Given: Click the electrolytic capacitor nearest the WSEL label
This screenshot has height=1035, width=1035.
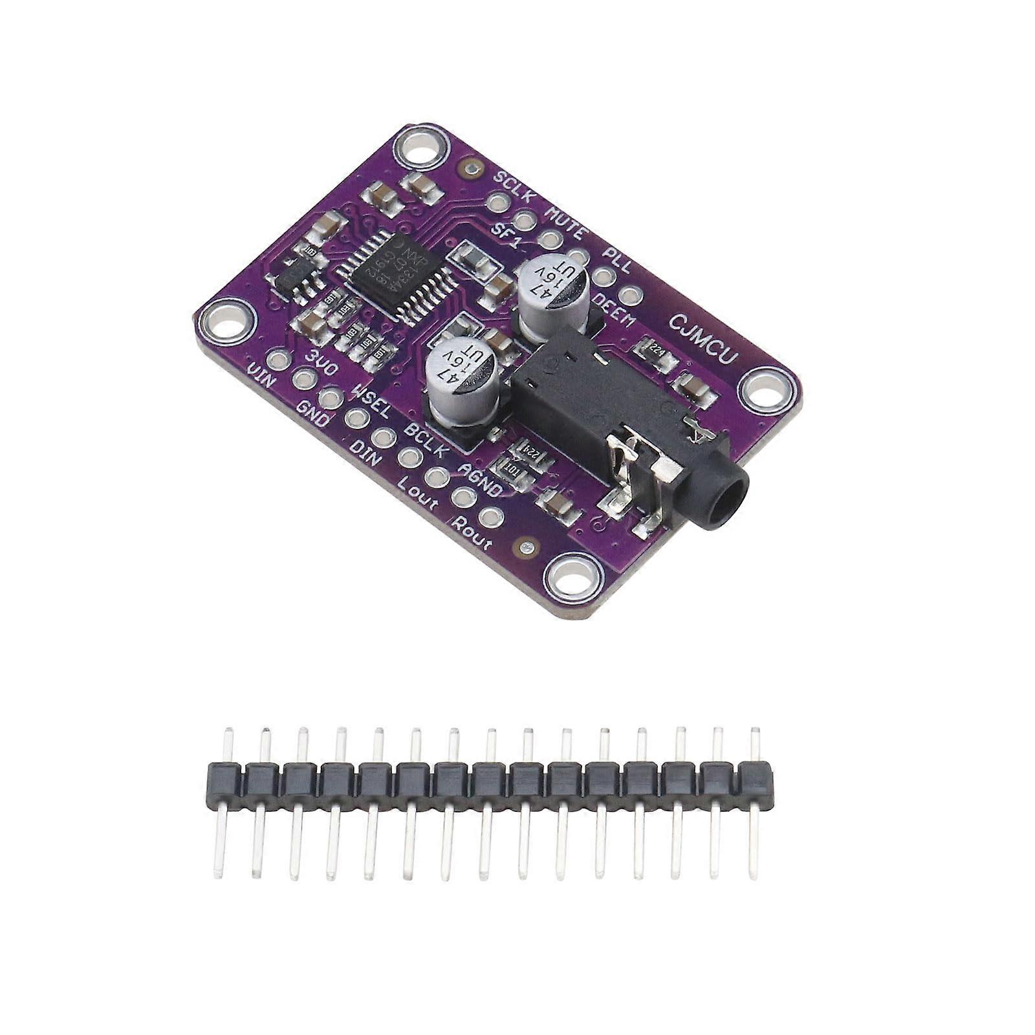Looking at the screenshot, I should point(462,377).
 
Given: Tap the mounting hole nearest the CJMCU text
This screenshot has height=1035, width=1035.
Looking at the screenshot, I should point(767,391).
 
